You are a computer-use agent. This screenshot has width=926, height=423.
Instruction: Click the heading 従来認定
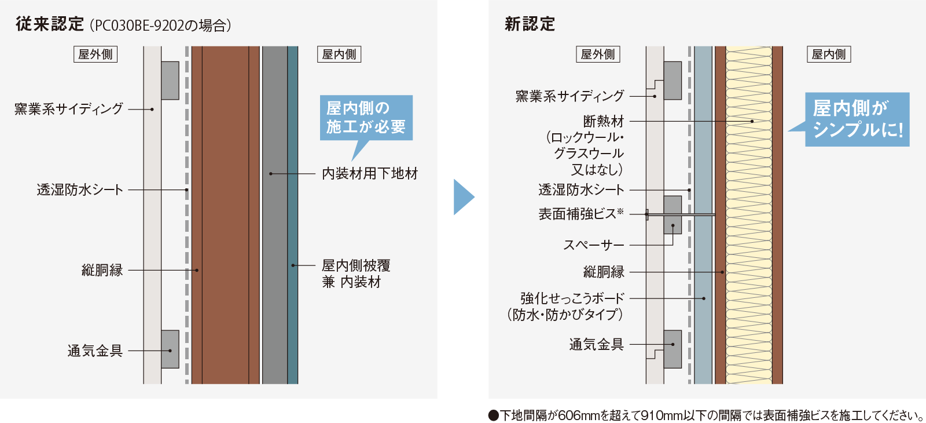coord(50,24)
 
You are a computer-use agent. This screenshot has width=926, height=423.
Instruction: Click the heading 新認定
coord(530,24)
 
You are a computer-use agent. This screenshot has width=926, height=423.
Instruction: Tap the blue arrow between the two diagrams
coord(464,197)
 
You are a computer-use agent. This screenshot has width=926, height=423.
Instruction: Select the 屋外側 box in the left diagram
coord(95,54)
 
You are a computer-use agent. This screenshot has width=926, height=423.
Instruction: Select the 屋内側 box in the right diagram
coord(829,54)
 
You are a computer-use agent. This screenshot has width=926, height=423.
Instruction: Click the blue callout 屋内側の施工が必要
coord(366,118)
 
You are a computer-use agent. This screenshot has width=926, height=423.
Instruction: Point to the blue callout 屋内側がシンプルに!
coord(857,119)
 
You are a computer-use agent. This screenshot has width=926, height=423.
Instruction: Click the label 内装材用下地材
coord(370,173)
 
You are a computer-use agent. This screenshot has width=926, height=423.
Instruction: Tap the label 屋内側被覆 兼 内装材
coord(356,274)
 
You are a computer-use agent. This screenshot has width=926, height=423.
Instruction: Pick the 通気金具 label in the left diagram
coord(95,351)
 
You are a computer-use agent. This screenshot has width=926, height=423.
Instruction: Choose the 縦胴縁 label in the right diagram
coord(604,272)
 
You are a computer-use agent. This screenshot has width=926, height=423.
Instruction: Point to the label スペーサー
coord(594,245)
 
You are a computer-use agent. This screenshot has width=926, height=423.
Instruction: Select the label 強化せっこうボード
coord(572,298)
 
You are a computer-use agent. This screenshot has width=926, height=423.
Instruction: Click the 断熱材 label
coord(604,121)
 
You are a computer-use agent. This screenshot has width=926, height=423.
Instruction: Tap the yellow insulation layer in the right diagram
coord(749,215)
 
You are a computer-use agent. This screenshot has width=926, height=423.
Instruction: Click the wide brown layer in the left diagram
coord(225,215)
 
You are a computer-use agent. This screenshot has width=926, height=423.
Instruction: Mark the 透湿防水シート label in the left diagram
coord(80,189)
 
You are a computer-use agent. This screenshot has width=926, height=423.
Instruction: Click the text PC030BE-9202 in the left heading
coord(139,25)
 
